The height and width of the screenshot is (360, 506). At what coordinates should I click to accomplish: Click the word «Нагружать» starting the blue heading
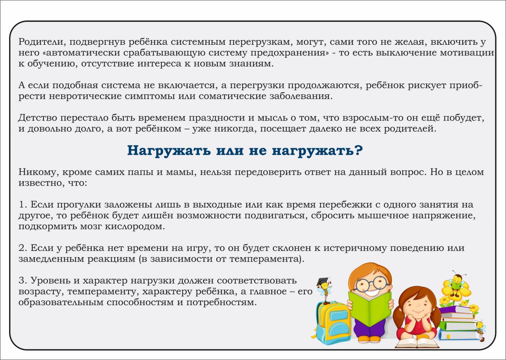169,151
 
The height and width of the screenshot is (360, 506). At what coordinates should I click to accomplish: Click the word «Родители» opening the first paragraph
42,42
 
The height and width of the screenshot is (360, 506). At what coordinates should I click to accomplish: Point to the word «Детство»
38,118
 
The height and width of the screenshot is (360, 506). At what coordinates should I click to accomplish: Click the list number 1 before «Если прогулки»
23,205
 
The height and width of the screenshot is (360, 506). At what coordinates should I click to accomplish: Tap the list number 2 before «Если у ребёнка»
23,248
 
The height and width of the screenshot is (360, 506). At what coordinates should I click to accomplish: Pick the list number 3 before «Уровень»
23,280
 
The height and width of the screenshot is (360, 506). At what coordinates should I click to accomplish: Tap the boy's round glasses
371,285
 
